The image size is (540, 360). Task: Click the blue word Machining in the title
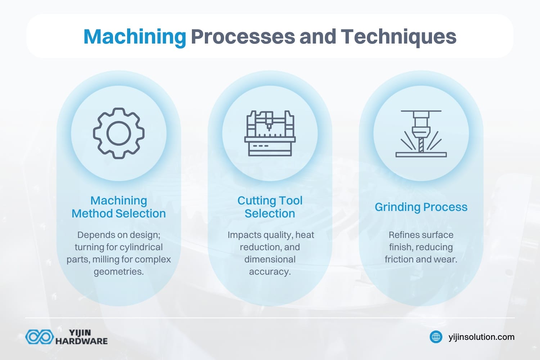(x=135, y=37)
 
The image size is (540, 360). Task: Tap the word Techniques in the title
(x=399, y=37)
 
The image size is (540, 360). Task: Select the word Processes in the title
(x=243, y=37)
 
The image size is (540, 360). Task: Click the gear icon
(x=119, y=133)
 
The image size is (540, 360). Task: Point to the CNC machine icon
(x=270, y=133)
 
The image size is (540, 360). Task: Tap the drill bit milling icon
(x=421, y=134)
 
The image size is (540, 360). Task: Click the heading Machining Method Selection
(x=119, y=207)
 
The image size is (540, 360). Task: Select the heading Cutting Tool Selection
(x=270, y=207)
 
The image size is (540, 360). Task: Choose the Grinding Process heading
(x=421, y=207)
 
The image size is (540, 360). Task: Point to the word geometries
(x=119, y=272)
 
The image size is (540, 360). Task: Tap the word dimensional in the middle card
(x=270, y=260)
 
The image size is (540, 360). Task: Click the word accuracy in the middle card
(x=270, y=272)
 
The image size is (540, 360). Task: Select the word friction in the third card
(x=398, y=260)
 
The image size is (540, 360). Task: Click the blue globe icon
(x=436, y=337)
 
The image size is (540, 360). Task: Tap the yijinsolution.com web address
(x=481, y=337)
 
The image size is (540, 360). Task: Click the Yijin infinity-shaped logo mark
(x=39, y=337)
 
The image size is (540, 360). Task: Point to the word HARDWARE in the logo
(x=81, y=341)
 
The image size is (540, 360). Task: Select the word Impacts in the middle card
(x=244, y=235)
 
